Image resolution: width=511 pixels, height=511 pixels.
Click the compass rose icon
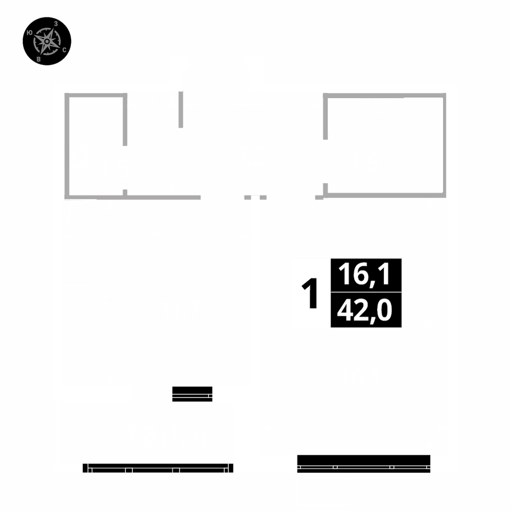(x=47, y=41)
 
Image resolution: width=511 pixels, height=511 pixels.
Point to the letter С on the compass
(x=64, y=50)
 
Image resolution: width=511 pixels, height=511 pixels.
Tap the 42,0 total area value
(x=366, y=310)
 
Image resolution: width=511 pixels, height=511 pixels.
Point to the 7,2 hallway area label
(x=252, y=157)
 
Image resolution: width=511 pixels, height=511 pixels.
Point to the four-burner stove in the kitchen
(x=80, y=301)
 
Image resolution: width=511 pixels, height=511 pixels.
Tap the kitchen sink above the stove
(x=80, y=216)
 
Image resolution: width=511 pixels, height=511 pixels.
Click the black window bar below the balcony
(x=158, y=468)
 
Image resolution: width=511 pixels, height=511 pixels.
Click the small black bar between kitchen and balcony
(x=192, y=394)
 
